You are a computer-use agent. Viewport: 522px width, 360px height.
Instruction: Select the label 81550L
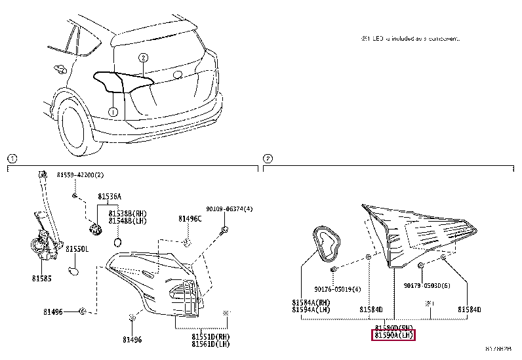point(77,250)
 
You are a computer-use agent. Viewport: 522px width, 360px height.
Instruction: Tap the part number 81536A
point(110,196)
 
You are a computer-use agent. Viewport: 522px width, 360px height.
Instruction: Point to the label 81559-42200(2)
point(80,175)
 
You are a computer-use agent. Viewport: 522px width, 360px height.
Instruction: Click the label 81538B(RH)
point(128,213)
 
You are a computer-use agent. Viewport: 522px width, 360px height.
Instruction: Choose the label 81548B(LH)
point(128,220)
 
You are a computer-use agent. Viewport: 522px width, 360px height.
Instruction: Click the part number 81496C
point(190,219)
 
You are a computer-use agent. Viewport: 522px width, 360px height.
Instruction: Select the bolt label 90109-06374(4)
point(229,209)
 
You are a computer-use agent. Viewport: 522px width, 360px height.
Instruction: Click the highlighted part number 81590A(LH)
point(394,335)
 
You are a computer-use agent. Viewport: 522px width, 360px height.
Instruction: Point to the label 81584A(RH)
point(311,302)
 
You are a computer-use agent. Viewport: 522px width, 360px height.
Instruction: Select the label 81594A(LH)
point(311,310)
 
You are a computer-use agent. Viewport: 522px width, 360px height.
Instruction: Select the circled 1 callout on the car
point(113,112)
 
